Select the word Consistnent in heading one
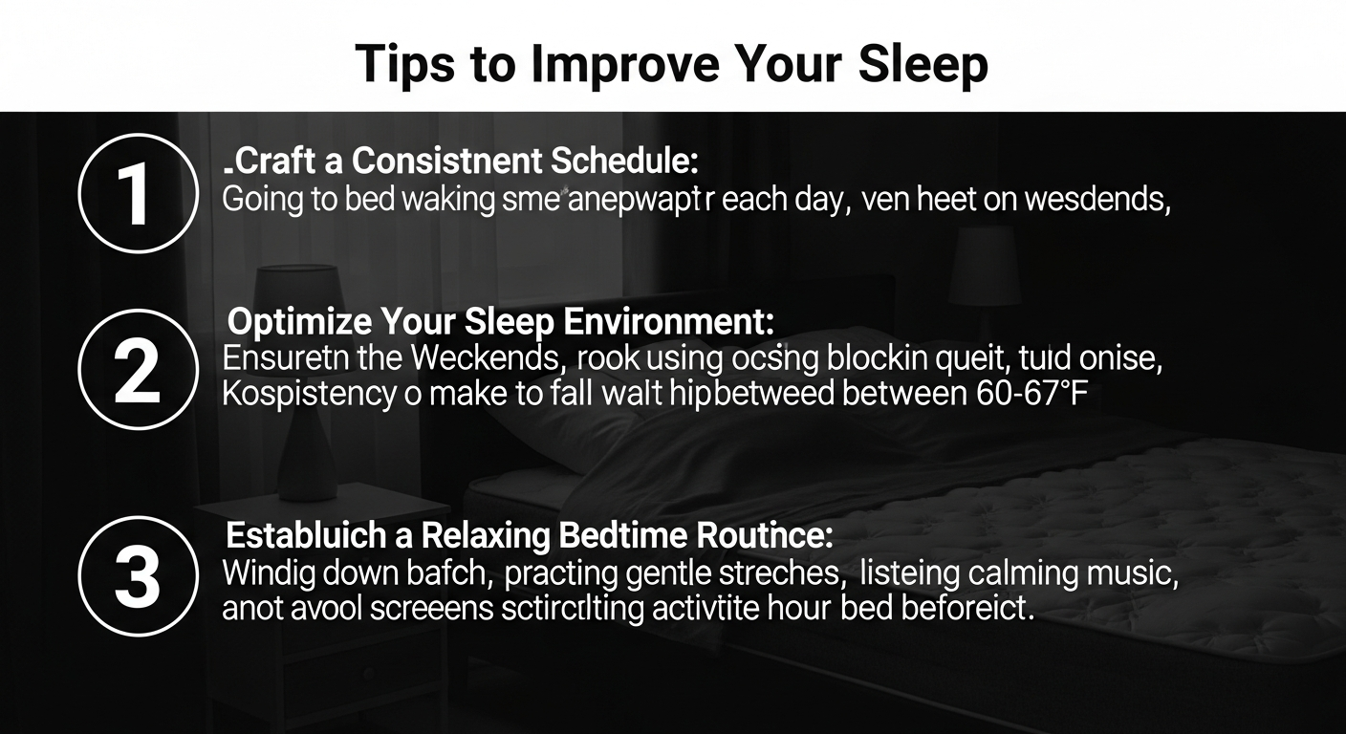(x=449, y=162)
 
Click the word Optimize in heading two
(x=300, y=321)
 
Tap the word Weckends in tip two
(x=484, y=359)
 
